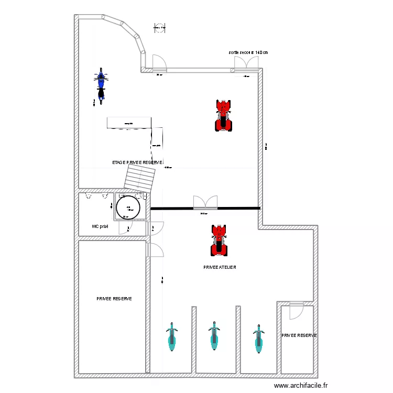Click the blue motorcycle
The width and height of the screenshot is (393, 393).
101,85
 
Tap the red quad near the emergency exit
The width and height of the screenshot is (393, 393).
224,115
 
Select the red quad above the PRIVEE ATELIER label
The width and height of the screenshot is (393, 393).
219,241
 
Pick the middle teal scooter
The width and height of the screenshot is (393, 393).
213,336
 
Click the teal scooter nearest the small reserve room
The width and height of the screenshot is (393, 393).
258,339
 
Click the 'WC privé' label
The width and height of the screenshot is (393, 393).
100,227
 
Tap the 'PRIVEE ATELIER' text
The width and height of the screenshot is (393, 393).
220,267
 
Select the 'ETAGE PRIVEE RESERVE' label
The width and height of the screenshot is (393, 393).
137,162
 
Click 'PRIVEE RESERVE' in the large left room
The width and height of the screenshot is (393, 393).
114,299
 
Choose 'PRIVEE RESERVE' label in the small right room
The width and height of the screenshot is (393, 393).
299,335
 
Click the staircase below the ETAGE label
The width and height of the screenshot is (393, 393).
141,178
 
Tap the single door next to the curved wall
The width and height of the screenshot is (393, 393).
159,63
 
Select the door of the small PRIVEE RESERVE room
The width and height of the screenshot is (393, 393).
297,310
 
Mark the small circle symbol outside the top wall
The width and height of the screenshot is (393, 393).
160,27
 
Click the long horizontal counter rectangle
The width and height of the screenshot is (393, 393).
128,123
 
